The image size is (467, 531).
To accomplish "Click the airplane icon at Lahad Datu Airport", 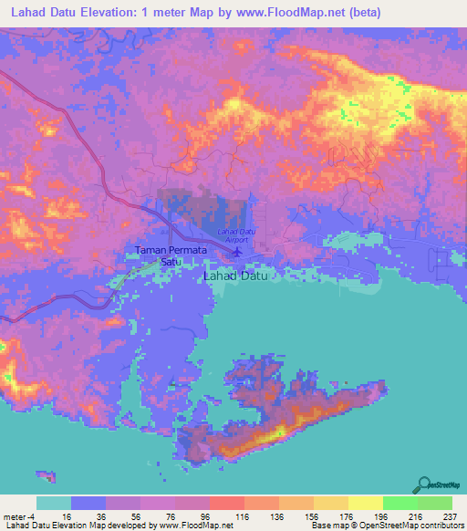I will pyautogui.click(x=237, y=251).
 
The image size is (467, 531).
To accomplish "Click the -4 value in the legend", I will pyautogui.click(x=33, y=515).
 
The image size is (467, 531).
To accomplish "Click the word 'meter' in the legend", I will pyautogui.click(x=15, y=515).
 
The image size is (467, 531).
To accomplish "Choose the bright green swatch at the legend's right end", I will pyautogui.click(x=434, y=503).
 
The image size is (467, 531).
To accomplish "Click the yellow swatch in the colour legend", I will pyautogui.click(x=365, y=503).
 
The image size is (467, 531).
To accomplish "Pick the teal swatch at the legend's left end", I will pyautogui.click(x=53, y=503).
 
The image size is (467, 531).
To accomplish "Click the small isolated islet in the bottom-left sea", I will pyautogui.click(x=46, y=475).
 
